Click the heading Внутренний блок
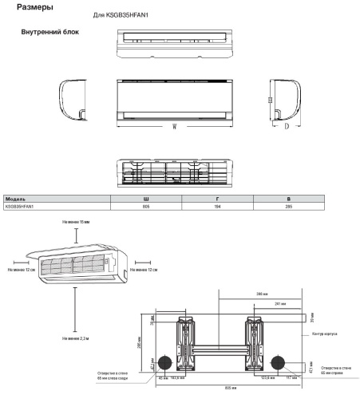(x=51, y=34)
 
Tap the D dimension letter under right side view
(x=287, y=128)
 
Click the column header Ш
(x=145, y=197)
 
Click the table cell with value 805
(x=145, y=205)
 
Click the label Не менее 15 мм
(x=76, y=221)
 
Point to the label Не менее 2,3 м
(x=76, y=339)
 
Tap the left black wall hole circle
(x=166, y=361)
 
